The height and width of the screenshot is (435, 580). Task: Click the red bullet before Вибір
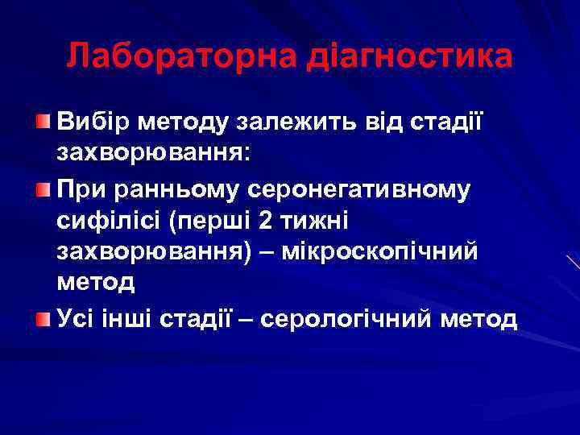pos(42,122)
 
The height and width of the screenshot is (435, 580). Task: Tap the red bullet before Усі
pos(42,318)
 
